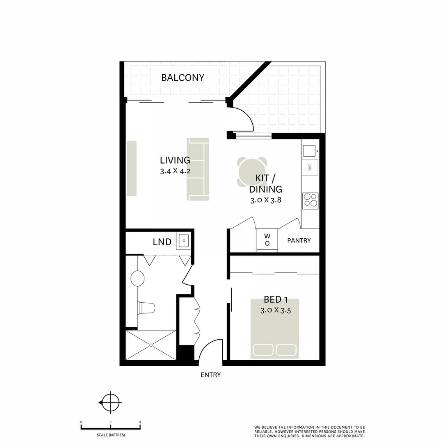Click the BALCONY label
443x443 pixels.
tap(183, 78)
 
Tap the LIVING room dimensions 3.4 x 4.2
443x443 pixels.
tap(175, 171)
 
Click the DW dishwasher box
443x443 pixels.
tap(310, 167)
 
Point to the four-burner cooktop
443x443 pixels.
tap(311, 200)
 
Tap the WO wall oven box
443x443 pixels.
tap(267, 240)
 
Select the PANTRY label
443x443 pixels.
tap(299, 240)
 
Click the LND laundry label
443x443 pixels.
tap(162, 242)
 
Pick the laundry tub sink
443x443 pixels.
tap(183, 241)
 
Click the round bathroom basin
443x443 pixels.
tap(137, 279)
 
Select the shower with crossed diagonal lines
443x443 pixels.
tap(151, 345)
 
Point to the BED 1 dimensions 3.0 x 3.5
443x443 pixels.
tap(276, 311)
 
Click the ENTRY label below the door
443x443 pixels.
tap(210, 375)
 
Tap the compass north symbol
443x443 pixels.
tap(111, 403)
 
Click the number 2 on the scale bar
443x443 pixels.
tap(140, 422)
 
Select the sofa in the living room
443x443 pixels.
tap(198, 169)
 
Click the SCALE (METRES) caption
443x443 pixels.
tap(111, 435)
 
